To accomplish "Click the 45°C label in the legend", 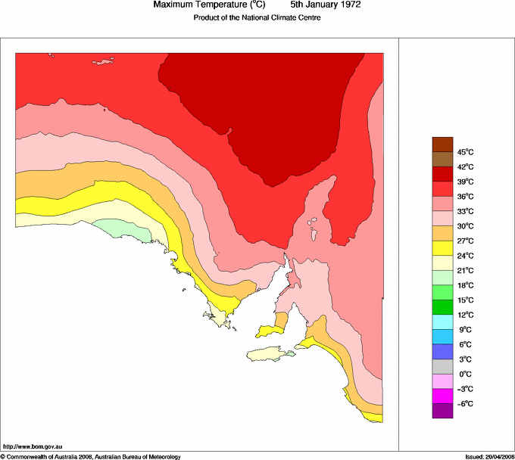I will [464, 152].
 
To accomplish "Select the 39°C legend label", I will [464, 182].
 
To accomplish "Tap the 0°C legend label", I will [464, 375].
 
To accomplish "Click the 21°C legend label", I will [464, 271].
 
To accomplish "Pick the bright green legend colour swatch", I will [442, 293].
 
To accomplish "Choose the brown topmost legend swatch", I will [442, 144].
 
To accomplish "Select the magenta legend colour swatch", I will [442, 396].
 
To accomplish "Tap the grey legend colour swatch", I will [442, 367].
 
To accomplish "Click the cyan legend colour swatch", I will [442, 322].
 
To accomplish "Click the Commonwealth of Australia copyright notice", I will [90, 456].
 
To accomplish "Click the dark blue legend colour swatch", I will [442, 352].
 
